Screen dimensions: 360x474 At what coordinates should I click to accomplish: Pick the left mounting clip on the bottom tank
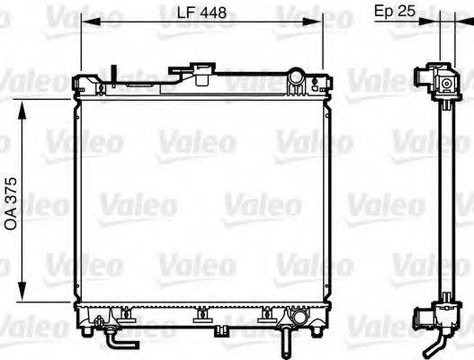pyautogui.click(x=126, y=316)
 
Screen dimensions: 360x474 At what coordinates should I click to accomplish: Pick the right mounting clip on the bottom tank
pyautogui.click(x=266, y=316)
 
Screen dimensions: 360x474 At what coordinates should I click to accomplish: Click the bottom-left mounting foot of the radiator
pyautogui.click(x=86, y=329)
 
